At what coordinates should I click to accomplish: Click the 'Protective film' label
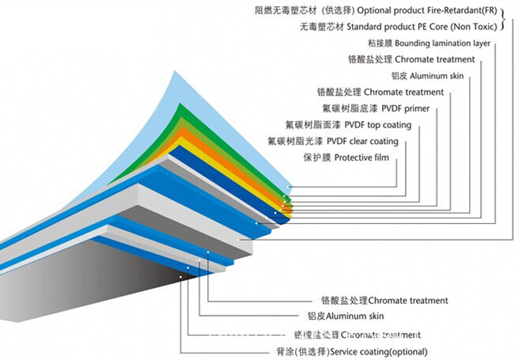pyautogui.click(x=363, y=158)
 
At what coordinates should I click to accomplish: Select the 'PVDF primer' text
pyautogui.click(x=406, y=108)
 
